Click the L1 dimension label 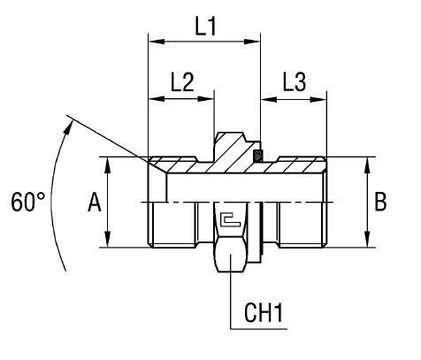(x=205, y=26)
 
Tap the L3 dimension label (x=294, y=81)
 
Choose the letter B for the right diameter (x=380, y=203)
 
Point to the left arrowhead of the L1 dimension (x=153, y=42)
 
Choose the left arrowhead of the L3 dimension (x=264, y=98)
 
